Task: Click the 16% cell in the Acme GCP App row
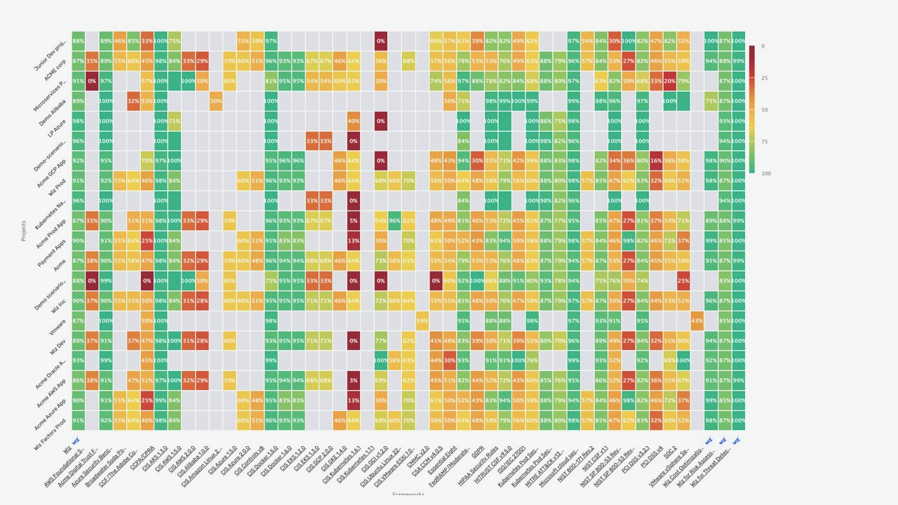(x=656, y=161)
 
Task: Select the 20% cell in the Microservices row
(x=670, y=81)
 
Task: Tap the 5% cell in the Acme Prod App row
(x=353, y=221)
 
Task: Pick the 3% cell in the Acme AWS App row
(x=353, y=380)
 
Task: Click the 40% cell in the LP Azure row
(x=353, y=121)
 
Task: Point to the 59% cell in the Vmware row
(x=422, y=321)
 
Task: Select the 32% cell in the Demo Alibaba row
(x=133, y=101)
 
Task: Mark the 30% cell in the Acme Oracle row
(x=449, y=361)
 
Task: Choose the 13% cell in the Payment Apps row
(x=353, y=241)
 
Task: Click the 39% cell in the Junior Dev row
(x=477, y=41)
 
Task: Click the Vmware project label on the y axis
(x=58, y=326)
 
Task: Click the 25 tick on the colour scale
(x=763, y=78)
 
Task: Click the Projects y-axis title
(x=23, y=231)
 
